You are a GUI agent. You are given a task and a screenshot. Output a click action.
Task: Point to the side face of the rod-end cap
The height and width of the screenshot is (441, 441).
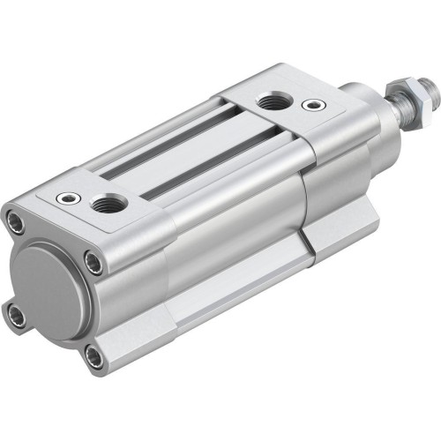(x=340, y=176)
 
